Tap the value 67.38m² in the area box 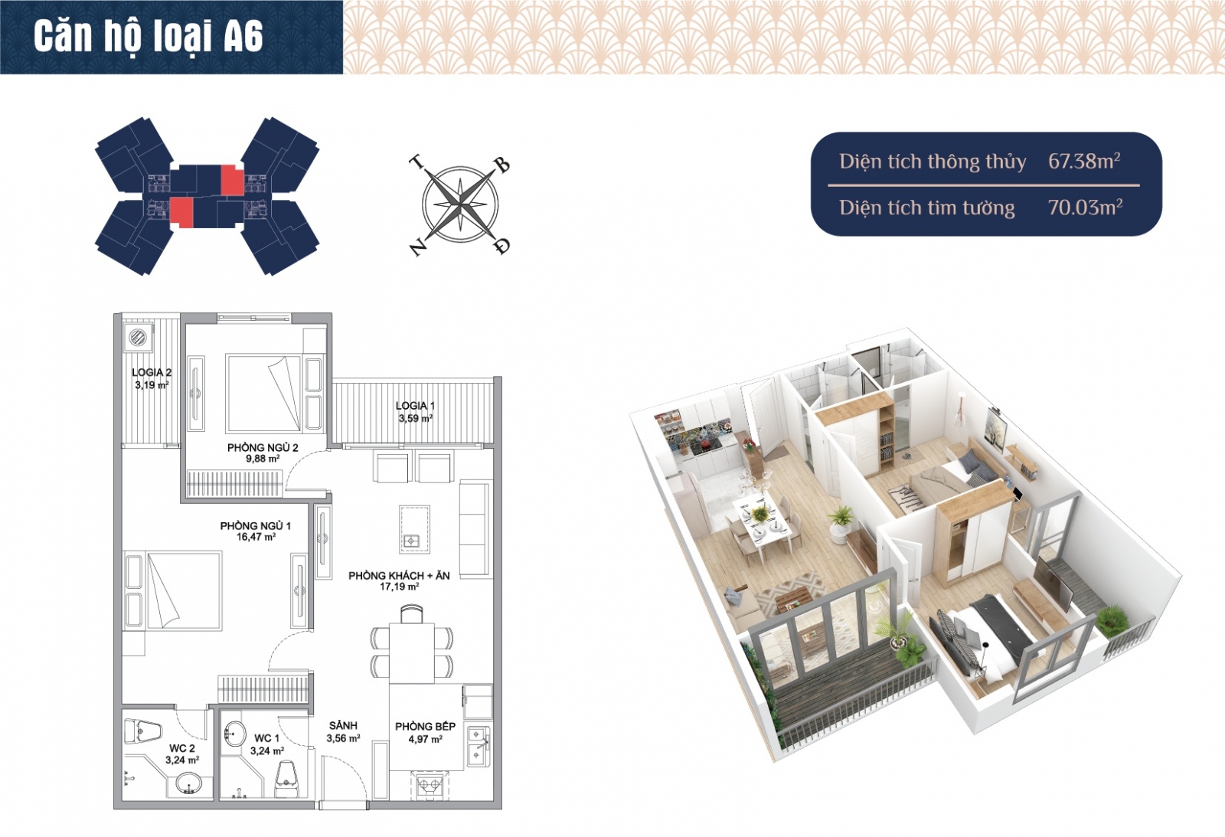point(1084,161)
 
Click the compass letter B point(502,165)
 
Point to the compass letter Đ point(502,246)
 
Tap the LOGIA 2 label point(152,372)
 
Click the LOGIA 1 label point(415,406)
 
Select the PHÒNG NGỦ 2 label point(263,448)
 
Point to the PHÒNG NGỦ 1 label point(256,526)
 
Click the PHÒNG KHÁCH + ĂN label point(399,576)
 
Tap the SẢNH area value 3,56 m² point(343,738)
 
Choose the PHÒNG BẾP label point(425,727)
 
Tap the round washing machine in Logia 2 point(137,336)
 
